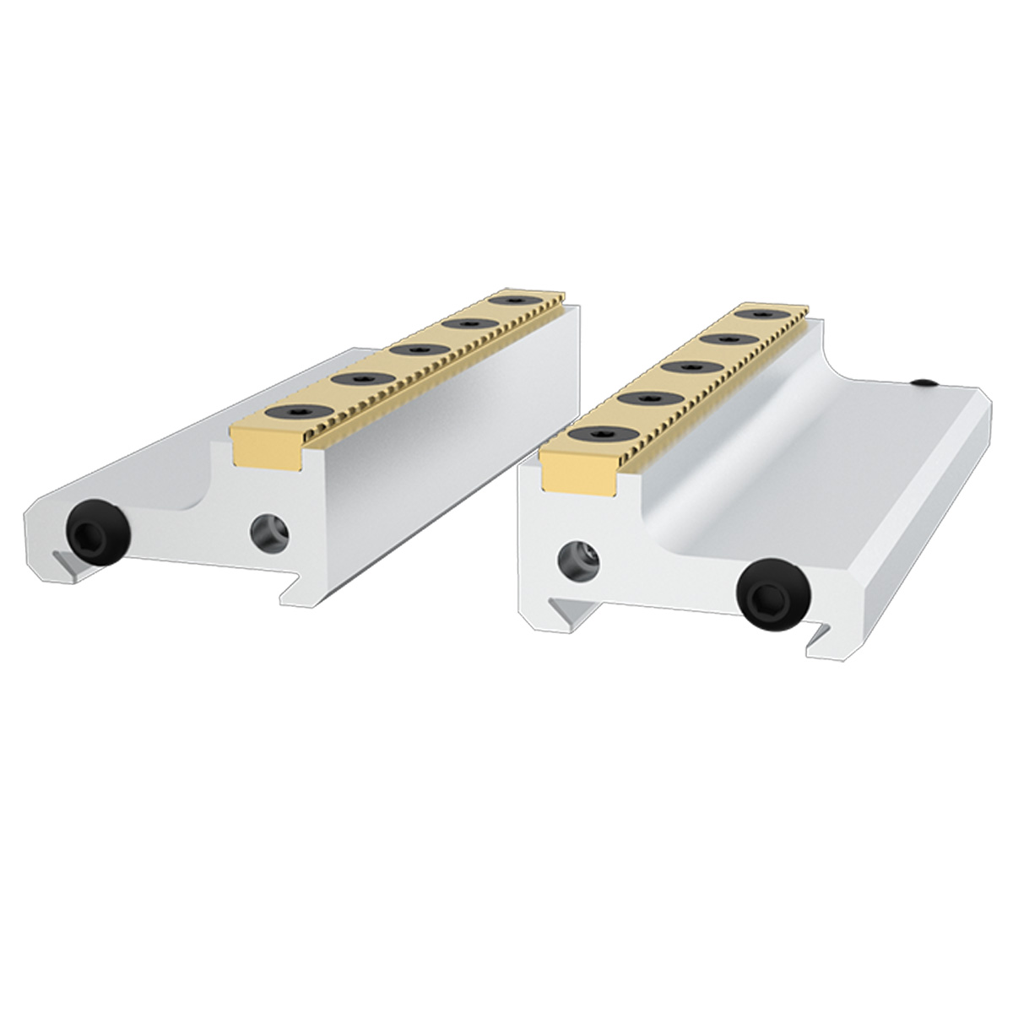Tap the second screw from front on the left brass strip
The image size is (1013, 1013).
click(x=352, y=379)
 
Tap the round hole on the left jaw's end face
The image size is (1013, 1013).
click(x=270, y=532)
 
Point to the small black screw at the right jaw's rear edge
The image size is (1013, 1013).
click(x=926, y=384)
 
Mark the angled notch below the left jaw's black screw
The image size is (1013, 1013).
click(x=63, y=563)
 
